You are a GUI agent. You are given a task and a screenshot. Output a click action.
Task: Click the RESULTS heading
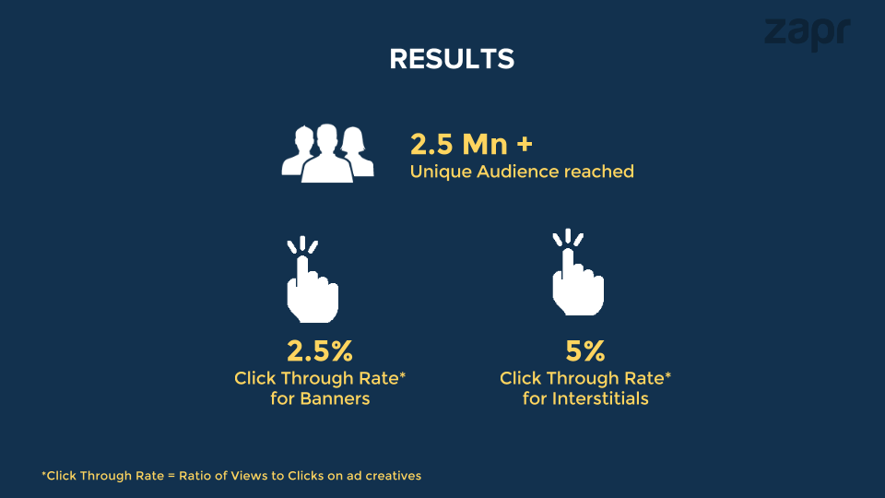(x=452, y=59)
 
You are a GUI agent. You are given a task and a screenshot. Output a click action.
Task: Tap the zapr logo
(x=808, y=33)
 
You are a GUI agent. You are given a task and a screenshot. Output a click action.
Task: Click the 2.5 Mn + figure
(x=471, y=144)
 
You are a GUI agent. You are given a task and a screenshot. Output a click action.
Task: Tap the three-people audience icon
(x=327, y=153)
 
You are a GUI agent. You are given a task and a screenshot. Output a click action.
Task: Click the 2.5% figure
(x=320, y=350)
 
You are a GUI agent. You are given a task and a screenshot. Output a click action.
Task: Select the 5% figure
(x=584, y=350)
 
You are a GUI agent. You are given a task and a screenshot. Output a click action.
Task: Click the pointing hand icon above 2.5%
(x=313, y=280)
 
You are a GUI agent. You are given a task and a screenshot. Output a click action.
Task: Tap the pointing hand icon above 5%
(x=577, y=273)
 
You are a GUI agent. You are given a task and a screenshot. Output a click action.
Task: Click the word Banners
(x=335, y=398)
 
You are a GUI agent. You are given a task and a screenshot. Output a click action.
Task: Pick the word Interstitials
(x=600, y=398)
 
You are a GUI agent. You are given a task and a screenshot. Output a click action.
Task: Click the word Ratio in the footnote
(x=193, y=476)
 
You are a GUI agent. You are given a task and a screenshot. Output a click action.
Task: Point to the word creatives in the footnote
(x=393, y=476)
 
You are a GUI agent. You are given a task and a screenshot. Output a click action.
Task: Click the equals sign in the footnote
(x=171, y=476)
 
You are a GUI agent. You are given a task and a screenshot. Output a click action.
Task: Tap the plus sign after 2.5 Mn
(x=525, y=144)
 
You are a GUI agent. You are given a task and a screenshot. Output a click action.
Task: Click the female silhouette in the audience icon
(x=356, y=151)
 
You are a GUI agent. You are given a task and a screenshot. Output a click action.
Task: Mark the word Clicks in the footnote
(x=305, y=476)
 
